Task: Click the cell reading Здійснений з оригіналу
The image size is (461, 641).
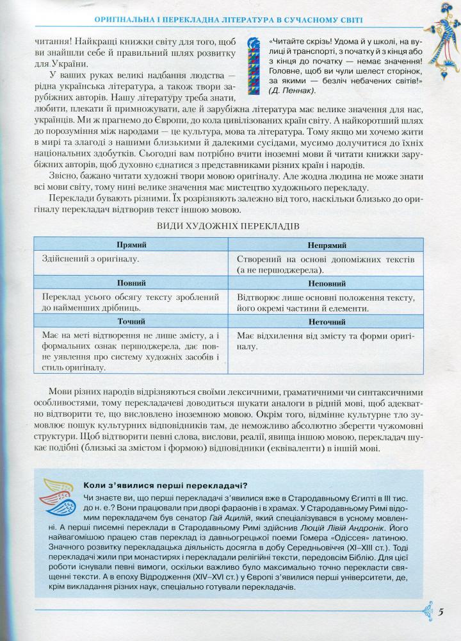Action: coord(90,260)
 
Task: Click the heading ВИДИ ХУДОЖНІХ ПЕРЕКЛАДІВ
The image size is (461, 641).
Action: coord(229,226)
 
